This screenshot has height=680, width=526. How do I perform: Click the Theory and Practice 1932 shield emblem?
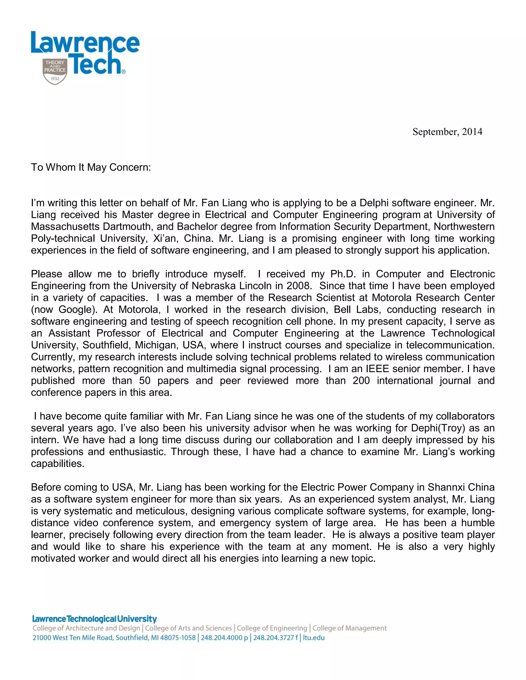(x=55, y=71)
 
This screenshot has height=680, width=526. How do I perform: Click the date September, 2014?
(x=447, y=132)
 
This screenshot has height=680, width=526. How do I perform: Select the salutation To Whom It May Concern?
(x=91, y=168)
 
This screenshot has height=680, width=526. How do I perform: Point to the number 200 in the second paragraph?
(x=361, y=381)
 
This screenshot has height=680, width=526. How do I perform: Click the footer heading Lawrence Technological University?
(x=95, y=619)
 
